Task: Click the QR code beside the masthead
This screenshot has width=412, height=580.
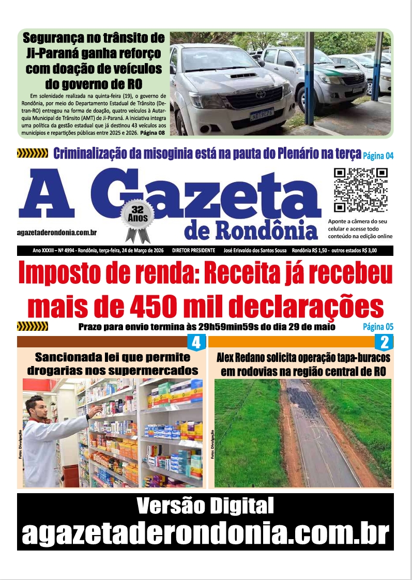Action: [360, 190]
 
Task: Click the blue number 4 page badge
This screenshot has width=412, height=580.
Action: [196, 342]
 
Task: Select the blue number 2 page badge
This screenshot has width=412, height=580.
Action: [384, 342]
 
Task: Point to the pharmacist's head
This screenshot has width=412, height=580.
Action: [36, 407]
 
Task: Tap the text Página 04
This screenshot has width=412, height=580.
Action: [378, 155]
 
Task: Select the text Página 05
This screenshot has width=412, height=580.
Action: [378, 327]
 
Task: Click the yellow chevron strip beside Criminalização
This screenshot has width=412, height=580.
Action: [33, 153]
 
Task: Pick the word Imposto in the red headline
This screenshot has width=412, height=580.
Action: [66, 275]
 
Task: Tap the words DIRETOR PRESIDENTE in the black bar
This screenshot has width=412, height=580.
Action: [195, 250]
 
